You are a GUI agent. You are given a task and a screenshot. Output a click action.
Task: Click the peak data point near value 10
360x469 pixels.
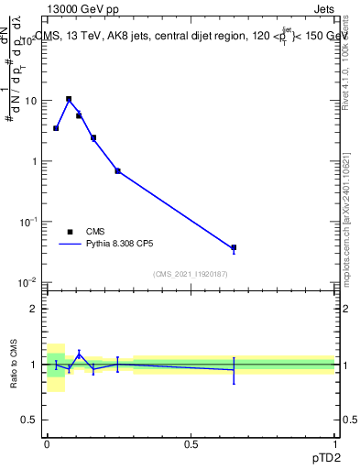tap(69, 99)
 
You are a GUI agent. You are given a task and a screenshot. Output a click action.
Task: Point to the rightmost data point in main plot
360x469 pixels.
tap(234, 247)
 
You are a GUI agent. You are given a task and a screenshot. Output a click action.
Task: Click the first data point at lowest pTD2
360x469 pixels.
tap(56, 128)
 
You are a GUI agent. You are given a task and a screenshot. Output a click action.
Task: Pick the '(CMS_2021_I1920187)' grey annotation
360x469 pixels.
tap(191, 274)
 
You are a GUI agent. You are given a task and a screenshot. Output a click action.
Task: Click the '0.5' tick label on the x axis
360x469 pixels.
tap(191, 442)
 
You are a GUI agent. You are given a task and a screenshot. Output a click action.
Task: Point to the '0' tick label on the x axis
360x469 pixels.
tap(47, 442)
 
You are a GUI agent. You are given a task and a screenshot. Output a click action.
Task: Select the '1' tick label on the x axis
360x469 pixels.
tap(335, 442)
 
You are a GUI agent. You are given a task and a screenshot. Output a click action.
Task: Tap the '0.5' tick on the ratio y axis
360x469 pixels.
tap(29, 420)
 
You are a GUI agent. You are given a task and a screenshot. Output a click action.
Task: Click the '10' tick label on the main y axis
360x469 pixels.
tap(30, 101)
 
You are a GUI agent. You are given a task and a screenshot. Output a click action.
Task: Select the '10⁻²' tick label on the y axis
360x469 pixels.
tap(27, 281)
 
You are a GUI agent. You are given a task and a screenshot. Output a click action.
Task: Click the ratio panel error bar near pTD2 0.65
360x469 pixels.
tap(234, 370)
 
